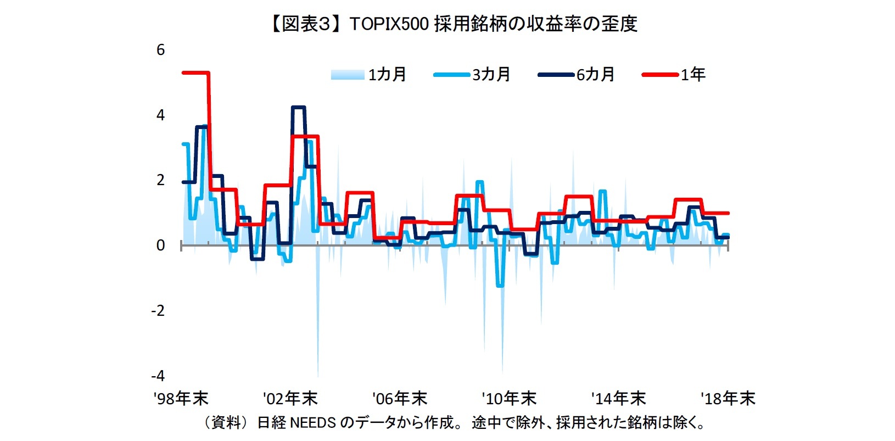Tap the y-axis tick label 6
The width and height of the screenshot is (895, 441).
[x=160, y=50]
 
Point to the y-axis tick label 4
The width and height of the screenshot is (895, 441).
[x=160, y=115]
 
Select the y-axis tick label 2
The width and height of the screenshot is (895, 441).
[x=160, y=180]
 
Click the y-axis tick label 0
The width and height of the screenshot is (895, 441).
[x=160, y=245]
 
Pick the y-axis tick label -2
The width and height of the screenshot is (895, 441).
[x=158, y=310]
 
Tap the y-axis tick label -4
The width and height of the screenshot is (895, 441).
[x=158, y=376]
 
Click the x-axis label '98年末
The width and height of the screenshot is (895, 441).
[x=181, y=399]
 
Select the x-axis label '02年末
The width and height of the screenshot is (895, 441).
[x=290, y=399]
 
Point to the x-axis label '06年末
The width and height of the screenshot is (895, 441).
[x=399, y=399]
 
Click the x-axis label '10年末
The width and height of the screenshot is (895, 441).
[x=508, y=399]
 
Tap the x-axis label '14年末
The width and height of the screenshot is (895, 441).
[x=618, y=399]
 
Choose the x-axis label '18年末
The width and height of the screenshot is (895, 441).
[x=728, y=399]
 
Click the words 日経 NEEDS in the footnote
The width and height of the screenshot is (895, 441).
[x=296, y=422]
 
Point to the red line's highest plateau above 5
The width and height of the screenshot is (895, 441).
[x=195, y=72]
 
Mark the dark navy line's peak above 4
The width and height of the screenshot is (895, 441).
[x=298, y=108]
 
